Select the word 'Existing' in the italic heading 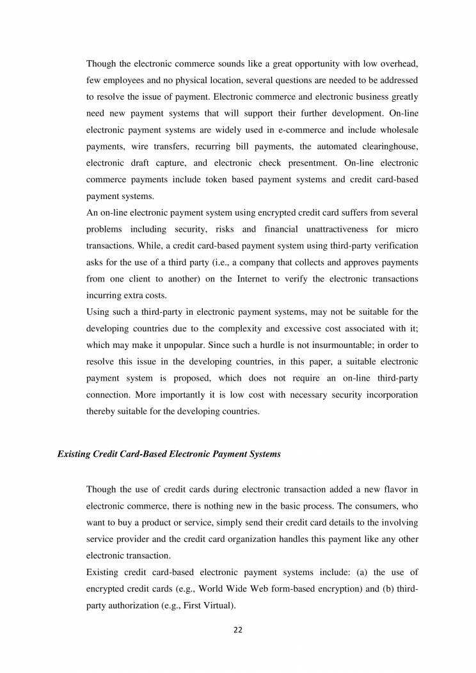point(74,454)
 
